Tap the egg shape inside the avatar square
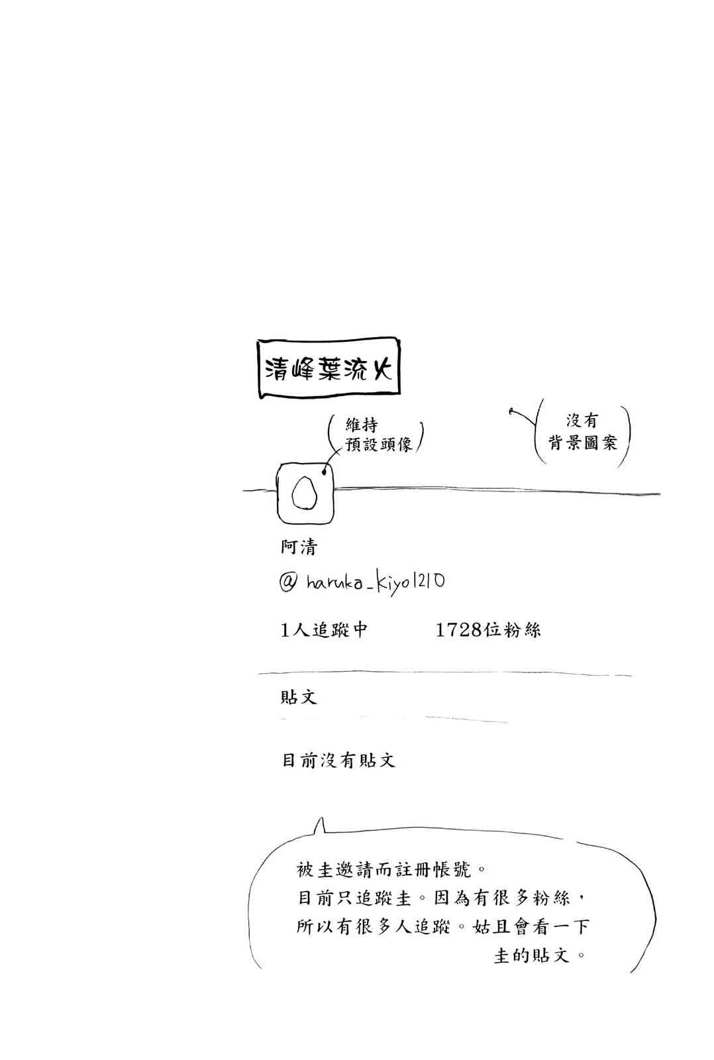[304, 492]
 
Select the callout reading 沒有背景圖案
[583, 431]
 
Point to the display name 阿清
[299, 547]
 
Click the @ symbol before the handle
[288, 582]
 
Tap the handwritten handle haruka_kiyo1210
[376, 583]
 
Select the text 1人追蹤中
[324, 630]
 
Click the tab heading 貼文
[299, 696]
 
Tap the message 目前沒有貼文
[338, 761]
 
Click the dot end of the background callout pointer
[511, 411]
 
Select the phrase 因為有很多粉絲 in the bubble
[502, 898]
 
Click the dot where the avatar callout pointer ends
[324, 471]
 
